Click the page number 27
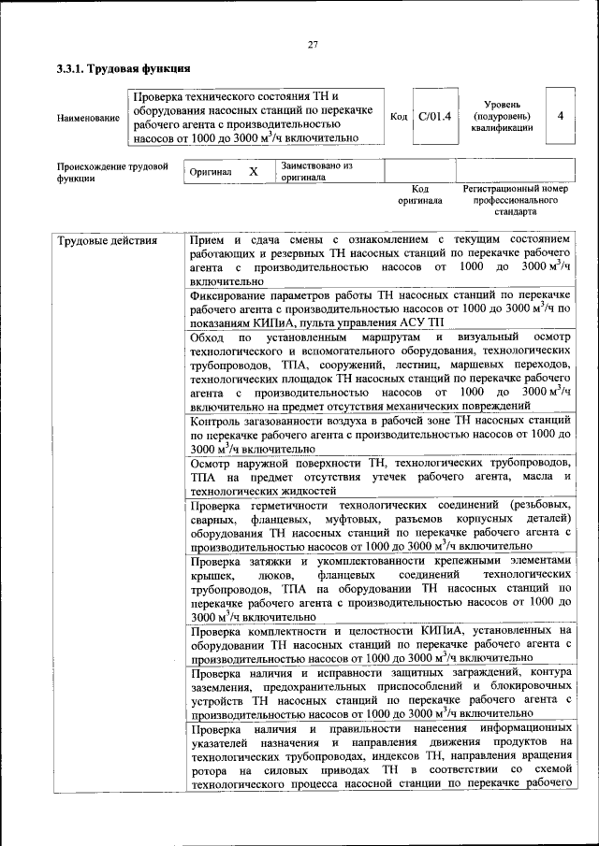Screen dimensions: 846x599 [313, 44]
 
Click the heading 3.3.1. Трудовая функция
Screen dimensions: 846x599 [124, 68]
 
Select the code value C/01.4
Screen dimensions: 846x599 [434, 116]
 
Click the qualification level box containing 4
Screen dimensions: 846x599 [560, 116]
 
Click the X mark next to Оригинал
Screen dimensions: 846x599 [253, 172]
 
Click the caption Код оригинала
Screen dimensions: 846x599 [419, 194]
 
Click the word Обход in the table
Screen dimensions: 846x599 [207, 337]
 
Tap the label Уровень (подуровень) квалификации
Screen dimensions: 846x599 [503, 116]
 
